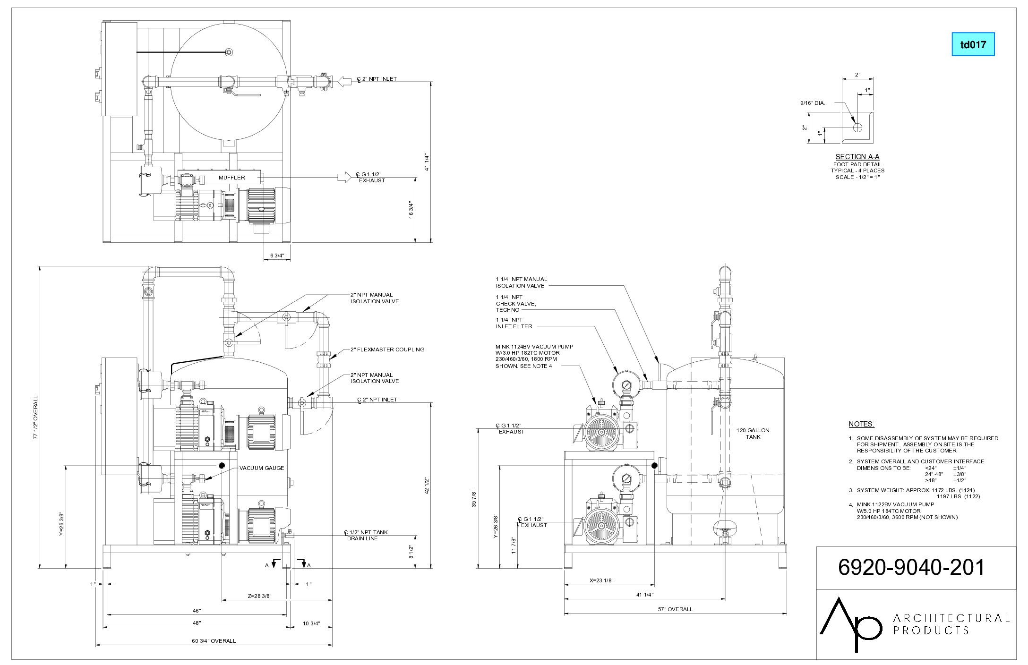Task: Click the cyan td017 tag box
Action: point(973,44)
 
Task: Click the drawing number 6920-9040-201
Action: point(911,567)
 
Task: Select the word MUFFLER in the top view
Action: point(231,178)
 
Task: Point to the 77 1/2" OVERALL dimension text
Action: point(35,418)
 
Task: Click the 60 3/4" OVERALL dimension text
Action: point(214,641)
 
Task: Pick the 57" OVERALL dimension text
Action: point(675,609)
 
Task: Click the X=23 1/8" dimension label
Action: point(601,580)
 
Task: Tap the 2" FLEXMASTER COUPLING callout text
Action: point(387,350)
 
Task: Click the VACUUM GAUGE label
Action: point(262,468)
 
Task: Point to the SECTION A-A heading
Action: point(857,157)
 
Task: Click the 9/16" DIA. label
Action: point(813,102)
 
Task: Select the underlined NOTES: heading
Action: point(861,424)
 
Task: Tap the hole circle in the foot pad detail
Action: point(857,127)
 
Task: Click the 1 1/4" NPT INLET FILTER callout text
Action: point(514,323)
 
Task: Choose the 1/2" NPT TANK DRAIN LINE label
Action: point(366,535)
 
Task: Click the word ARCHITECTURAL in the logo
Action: point(951,618)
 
